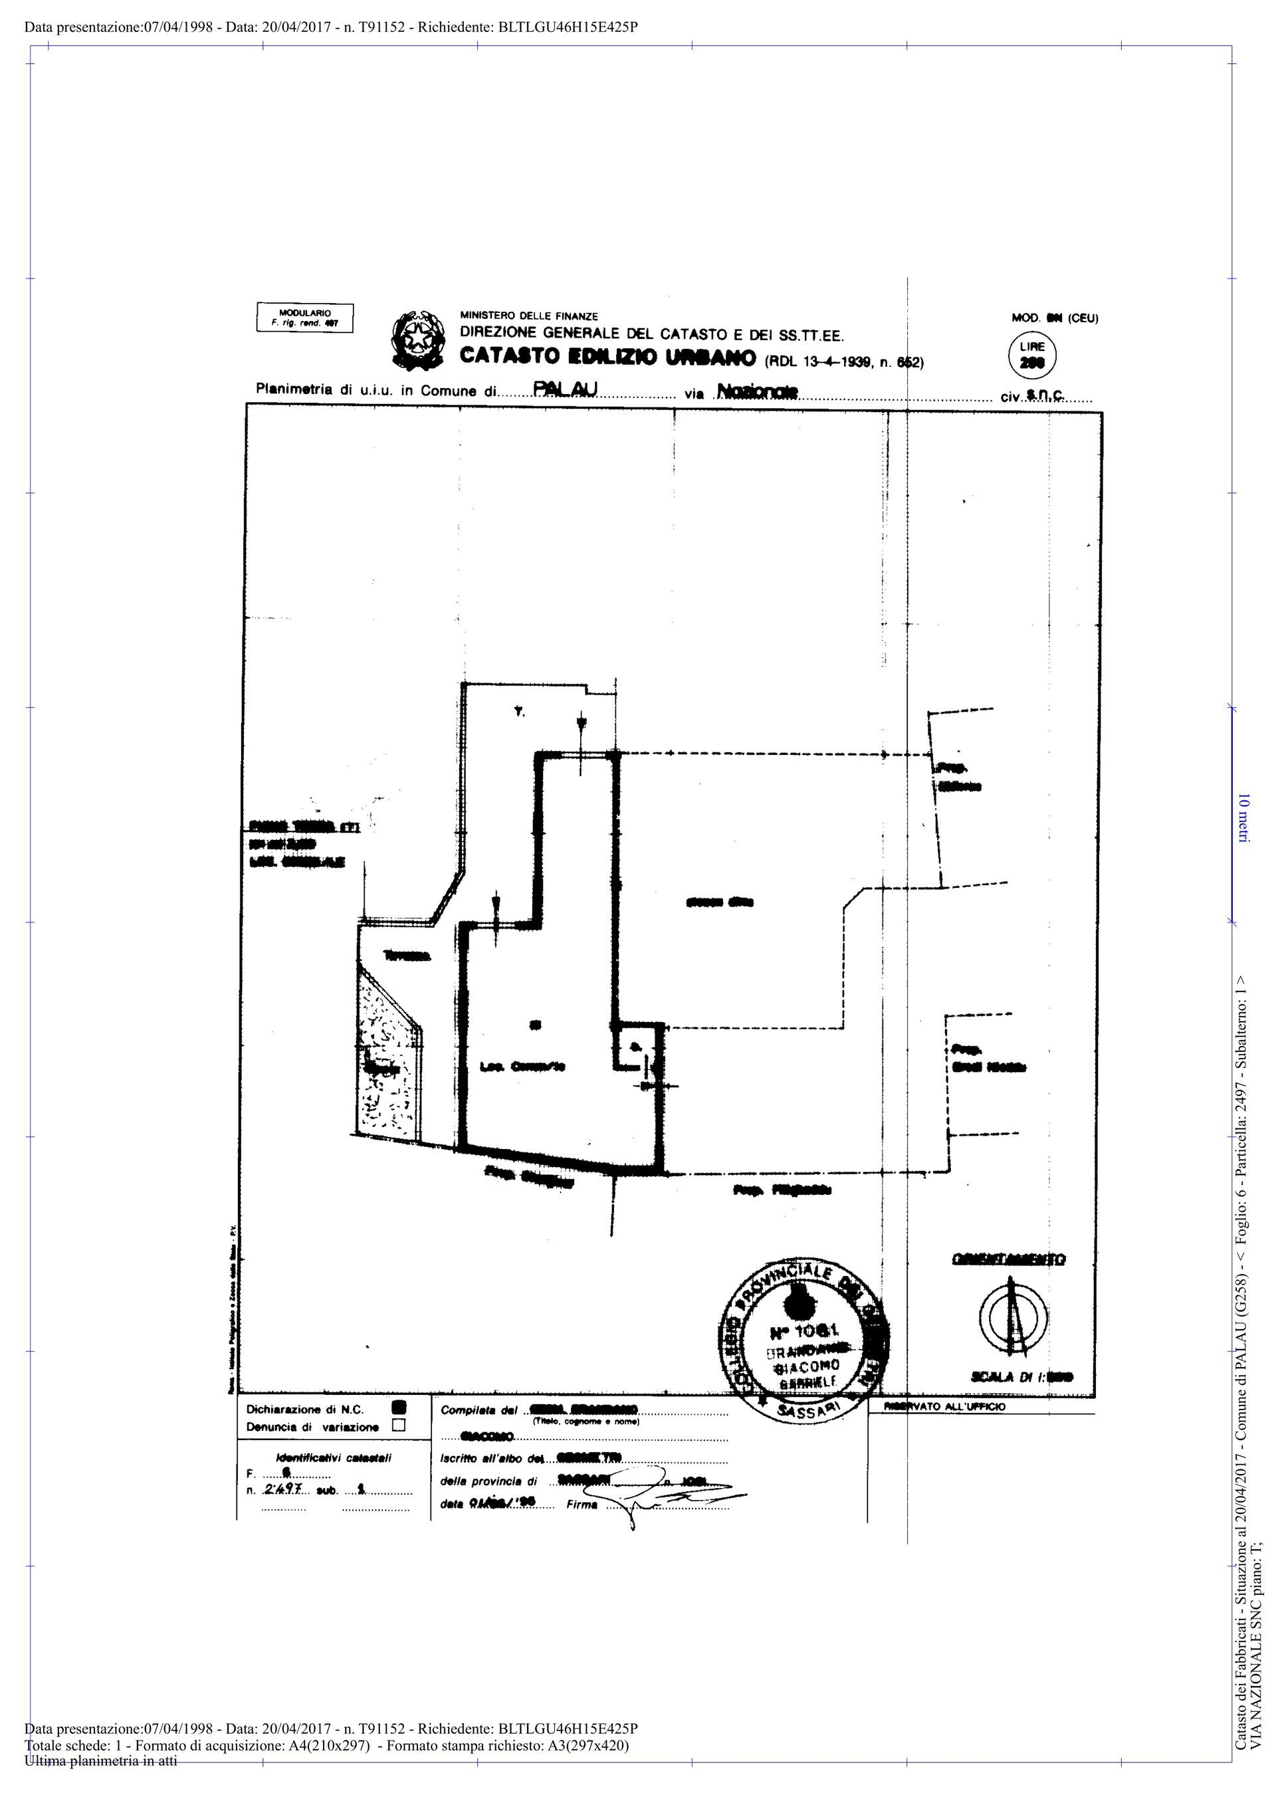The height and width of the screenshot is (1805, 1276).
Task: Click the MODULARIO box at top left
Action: tap(305, 318)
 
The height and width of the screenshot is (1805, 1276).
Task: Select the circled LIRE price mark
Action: tap(1031, 356)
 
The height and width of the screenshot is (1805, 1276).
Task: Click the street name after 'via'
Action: tap(757, 391)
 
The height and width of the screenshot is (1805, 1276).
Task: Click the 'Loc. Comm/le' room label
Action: tap(523, 1067)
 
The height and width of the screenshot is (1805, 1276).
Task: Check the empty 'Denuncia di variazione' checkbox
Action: tap(399, 1424)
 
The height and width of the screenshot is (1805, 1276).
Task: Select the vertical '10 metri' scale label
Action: tap(1243, 817)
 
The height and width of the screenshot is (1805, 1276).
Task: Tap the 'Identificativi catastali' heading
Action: tap(334, 1457)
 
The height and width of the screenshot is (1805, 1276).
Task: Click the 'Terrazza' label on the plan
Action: tap(407, 956)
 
